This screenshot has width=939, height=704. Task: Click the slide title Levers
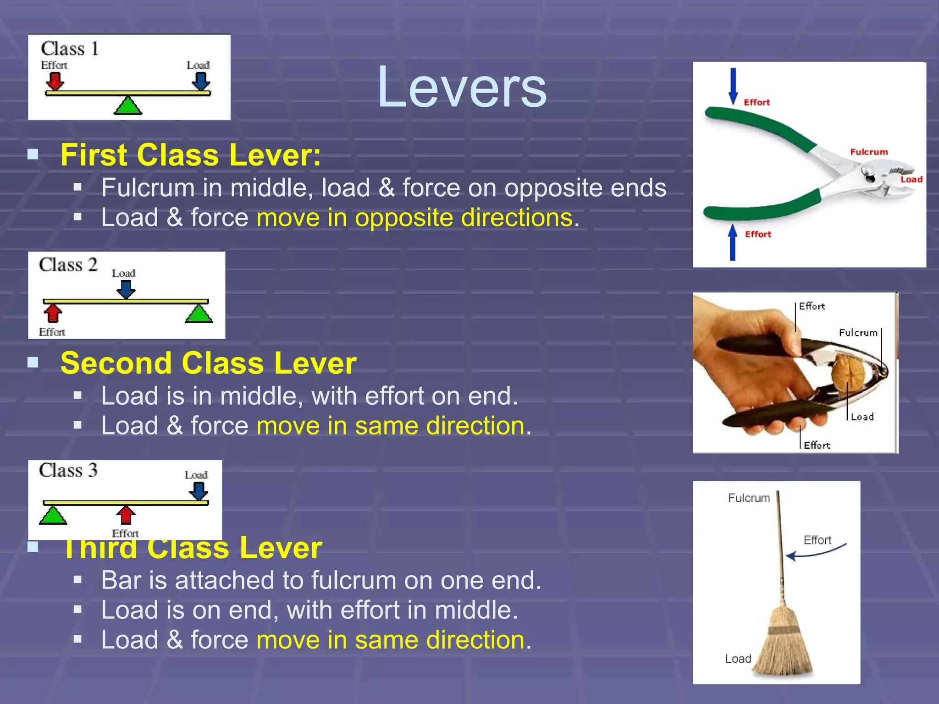pos(462,87)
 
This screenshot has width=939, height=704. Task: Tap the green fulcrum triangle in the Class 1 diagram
pos(128,106)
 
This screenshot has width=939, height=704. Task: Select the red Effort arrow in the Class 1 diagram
pos(55,81)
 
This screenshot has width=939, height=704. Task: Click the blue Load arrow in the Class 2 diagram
pos(125,289)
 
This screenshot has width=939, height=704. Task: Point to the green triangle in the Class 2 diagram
pos(199,314)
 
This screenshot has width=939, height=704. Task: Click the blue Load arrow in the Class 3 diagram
pos(199,491)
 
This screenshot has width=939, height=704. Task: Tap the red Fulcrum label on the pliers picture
pos(869,152)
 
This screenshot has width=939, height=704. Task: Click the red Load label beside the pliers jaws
pos(911,179)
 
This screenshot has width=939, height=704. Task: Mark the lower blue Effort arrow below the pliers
pos(733,242)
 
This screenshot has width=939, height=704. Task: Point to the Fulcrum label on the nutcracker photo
pos(858,333)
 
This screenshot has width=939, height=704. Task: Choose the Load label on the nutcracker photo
pos(862,417)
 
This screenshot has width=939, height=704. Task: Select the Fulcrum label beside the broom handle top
pos(749,498)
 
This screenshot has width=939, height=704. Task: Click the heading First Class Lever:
pos(191,155)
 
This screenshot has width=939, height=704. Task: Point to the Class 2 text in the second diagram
pos(68,265)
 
